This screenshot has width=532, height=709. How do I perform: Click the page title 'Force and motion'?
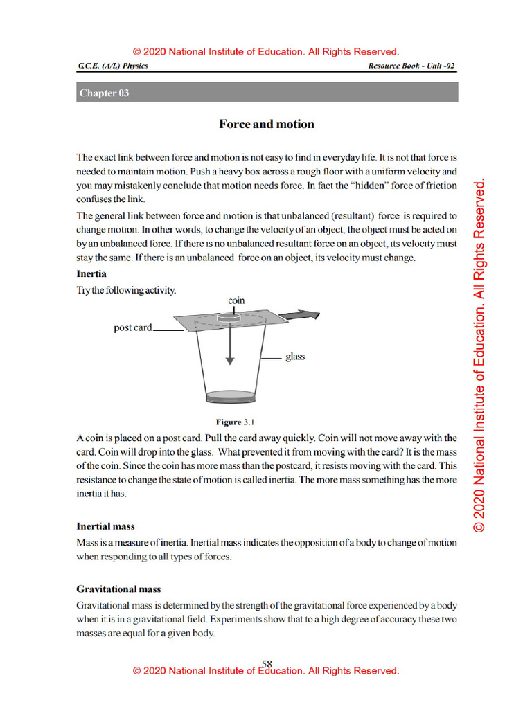[266, 125]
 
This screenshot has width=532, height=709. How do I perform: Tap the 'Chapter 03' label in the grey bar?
[104, 93]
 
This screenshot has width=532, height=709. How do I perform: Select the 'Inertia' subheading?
[91, 273]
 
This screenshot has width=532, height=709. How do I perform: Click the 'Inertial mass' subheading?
[105, 526]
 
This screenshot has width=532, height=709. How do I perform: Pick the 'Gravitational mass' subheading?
[118, 589]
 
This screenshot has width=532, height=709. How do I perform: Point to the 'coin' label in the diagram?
[236, 300]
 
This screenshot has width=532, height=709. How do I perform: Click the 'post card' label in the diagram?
[132, 327]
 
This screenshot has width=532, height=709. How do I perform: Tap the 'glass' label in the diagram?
[295, 357]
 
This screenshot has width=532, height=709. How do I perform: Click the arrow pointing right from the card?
[304, 316]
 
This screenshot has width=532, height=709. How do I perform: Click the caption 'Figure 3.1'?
[236, 422]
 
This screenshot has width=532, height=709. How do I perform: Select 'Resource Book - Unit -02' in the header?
[411, 66]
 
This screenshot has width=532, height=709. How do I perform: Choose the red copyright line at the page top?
[266, 52]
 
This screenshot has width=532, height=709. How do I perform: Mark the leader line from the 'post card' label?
[169, 330]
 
